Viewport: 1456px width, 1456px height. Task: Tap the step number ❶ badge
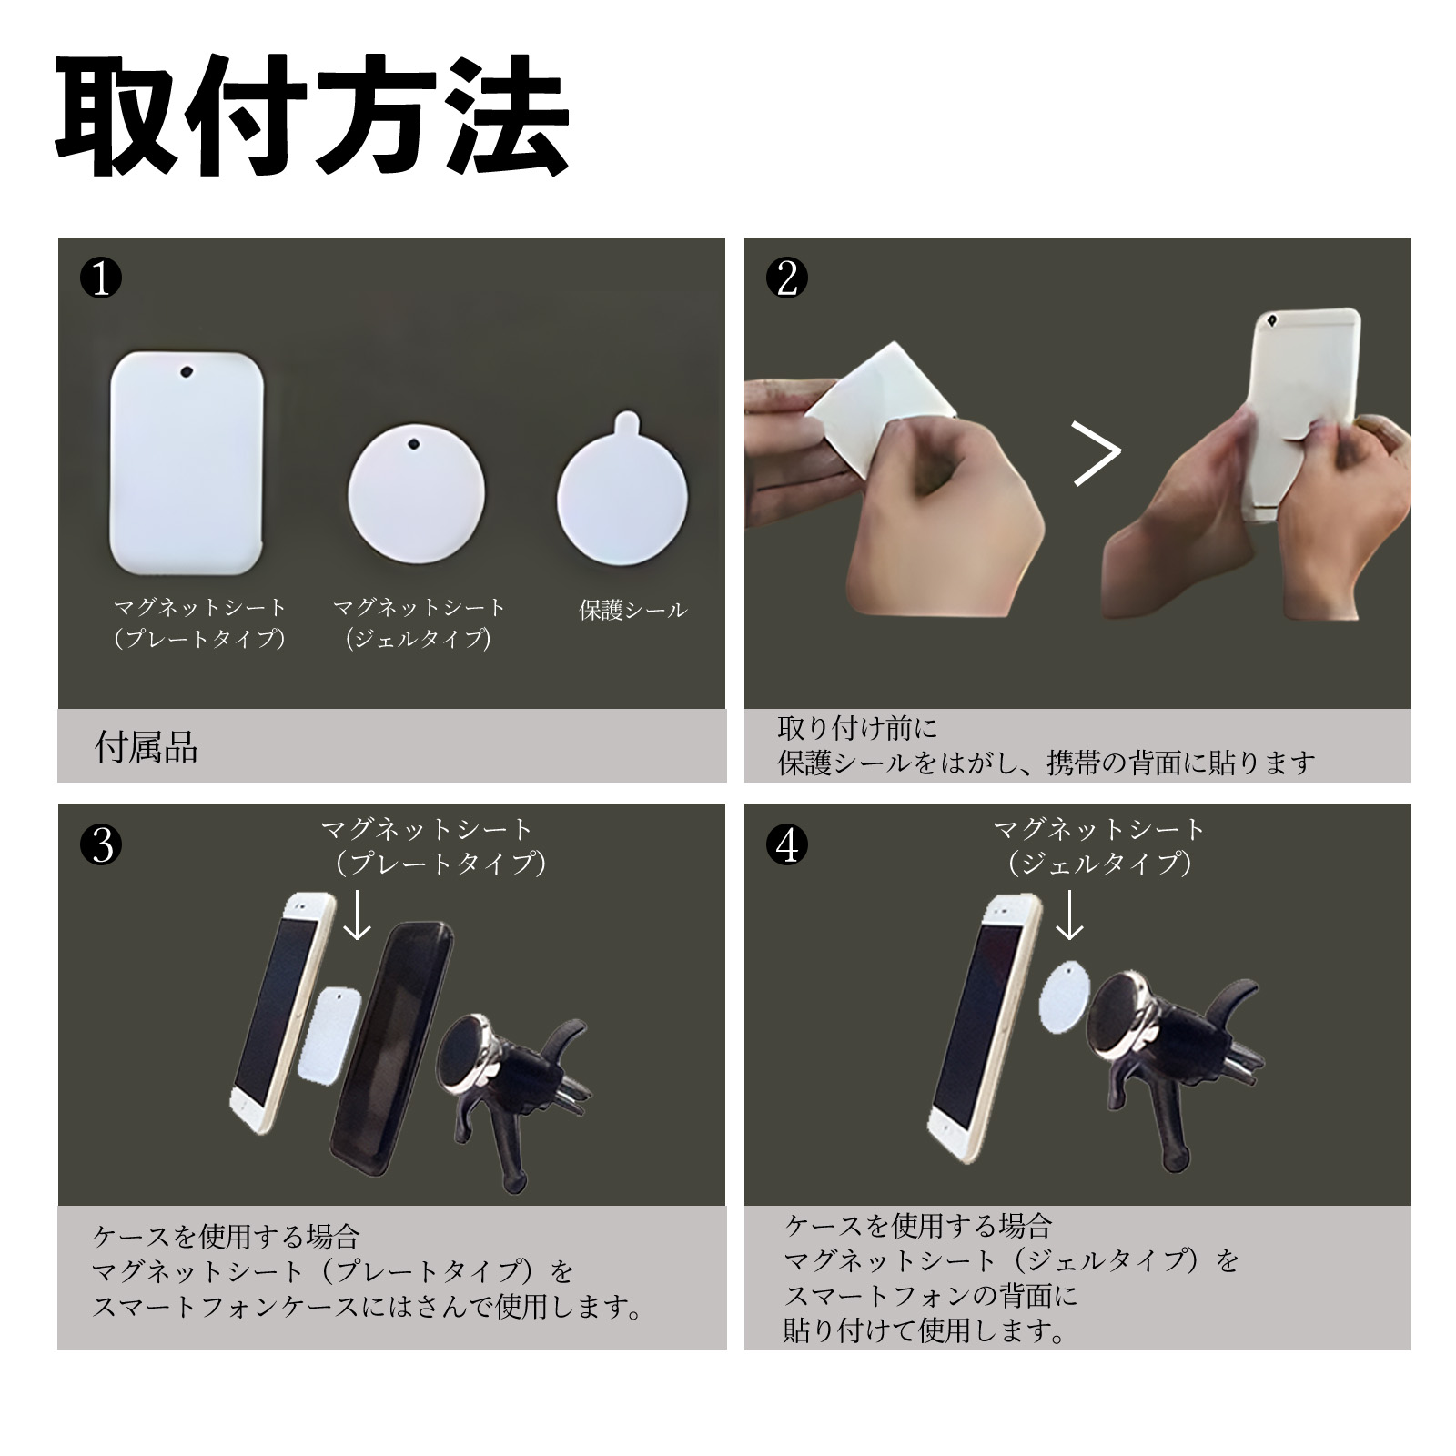coord(101,278)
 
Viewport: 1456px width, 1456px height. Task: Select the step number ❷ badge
coord(787,278)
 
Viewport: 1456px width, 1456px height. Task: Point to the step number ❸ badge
coord(101,846)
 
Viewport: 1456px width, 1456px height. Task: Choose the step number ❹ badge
coord(787,846)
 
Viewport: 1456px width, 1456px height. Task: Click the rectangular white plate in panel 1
coord(187,463)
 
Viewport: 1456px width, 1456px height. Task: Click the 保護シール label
coord(633,611)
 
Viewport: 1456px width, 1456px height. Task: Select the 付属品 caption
coord(147,748)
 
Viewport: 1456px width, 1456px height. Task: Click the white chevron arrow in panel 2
coord(1097,452)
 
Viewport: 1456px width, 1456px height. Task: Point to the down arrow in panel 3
coord(358,915)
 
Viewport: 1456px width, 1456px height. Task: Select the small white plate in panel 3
coord(330,1034)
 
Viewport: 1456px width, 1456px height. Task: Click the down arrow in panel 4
coord(1070,915)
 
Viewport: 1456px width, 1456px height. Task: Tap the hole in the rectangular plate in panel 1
coord(187,372)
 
